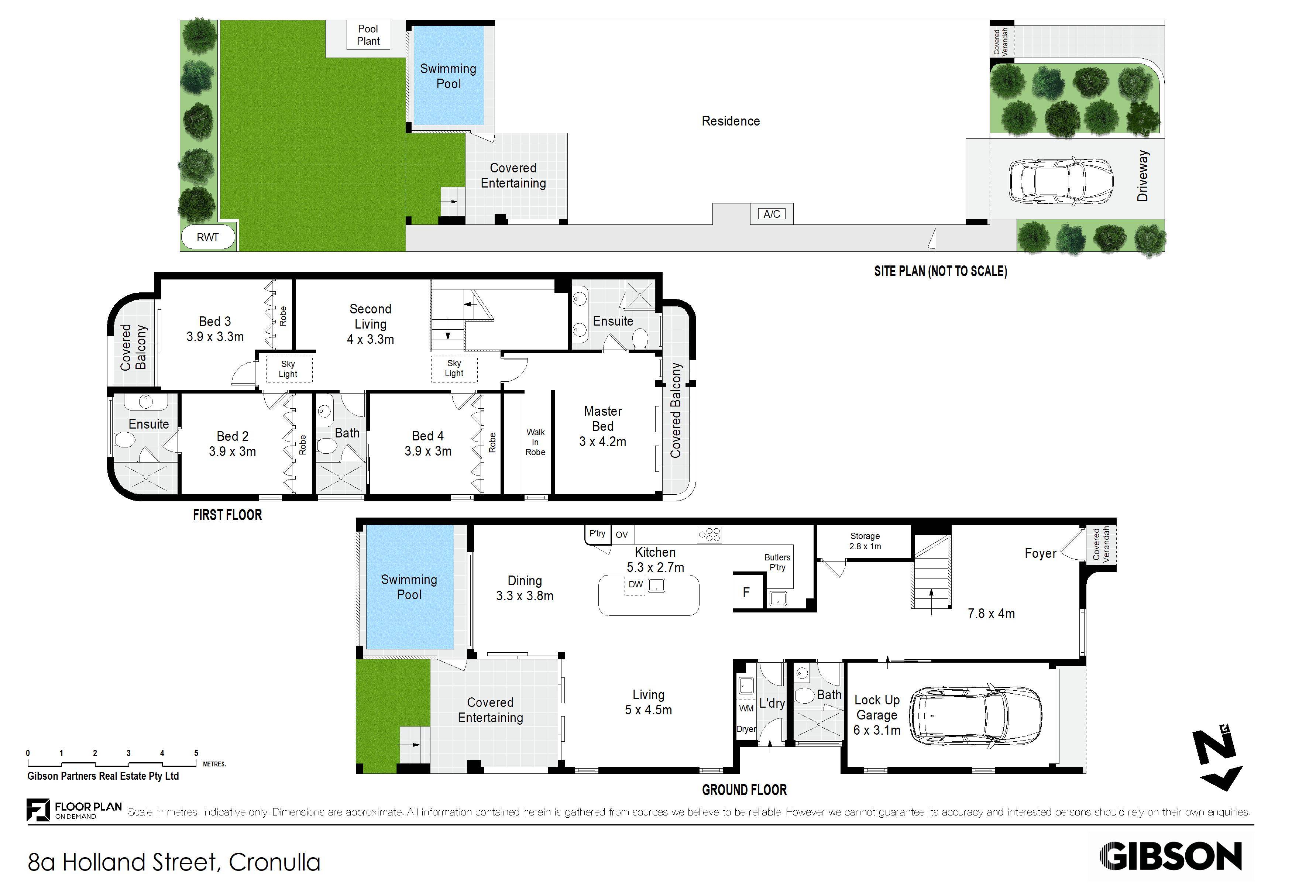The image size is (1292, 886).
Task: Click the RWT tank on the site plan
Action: tap(208, 238)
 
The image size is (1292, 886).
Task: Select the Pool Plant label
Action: tap(368, 35)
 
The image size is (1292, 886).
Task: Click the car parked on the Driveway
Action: tap(1061, 181)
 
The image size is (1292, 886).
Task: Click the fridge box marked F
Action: tap(746, 593)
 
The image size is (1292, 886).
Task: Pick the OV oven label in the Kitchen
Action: tap(622, 535)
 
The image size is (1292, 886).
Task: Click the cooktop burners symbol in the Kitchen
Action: tap(710, 535)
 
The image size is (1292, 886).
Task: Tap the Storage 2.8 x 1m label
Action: tap(865, 541)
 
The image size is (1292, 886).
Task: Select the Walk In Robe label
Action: tap(535, 442)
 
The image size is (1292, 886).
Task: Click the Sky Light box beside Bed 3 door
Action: tap(288, 369)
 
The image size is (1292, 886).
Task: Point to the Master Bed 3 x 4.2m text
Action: tap(603, 426)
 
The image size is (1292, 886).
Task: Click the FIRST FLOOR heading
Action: tap(227, 515)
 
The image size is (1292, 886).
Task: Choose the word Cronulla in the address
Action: tap(275, 863)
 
